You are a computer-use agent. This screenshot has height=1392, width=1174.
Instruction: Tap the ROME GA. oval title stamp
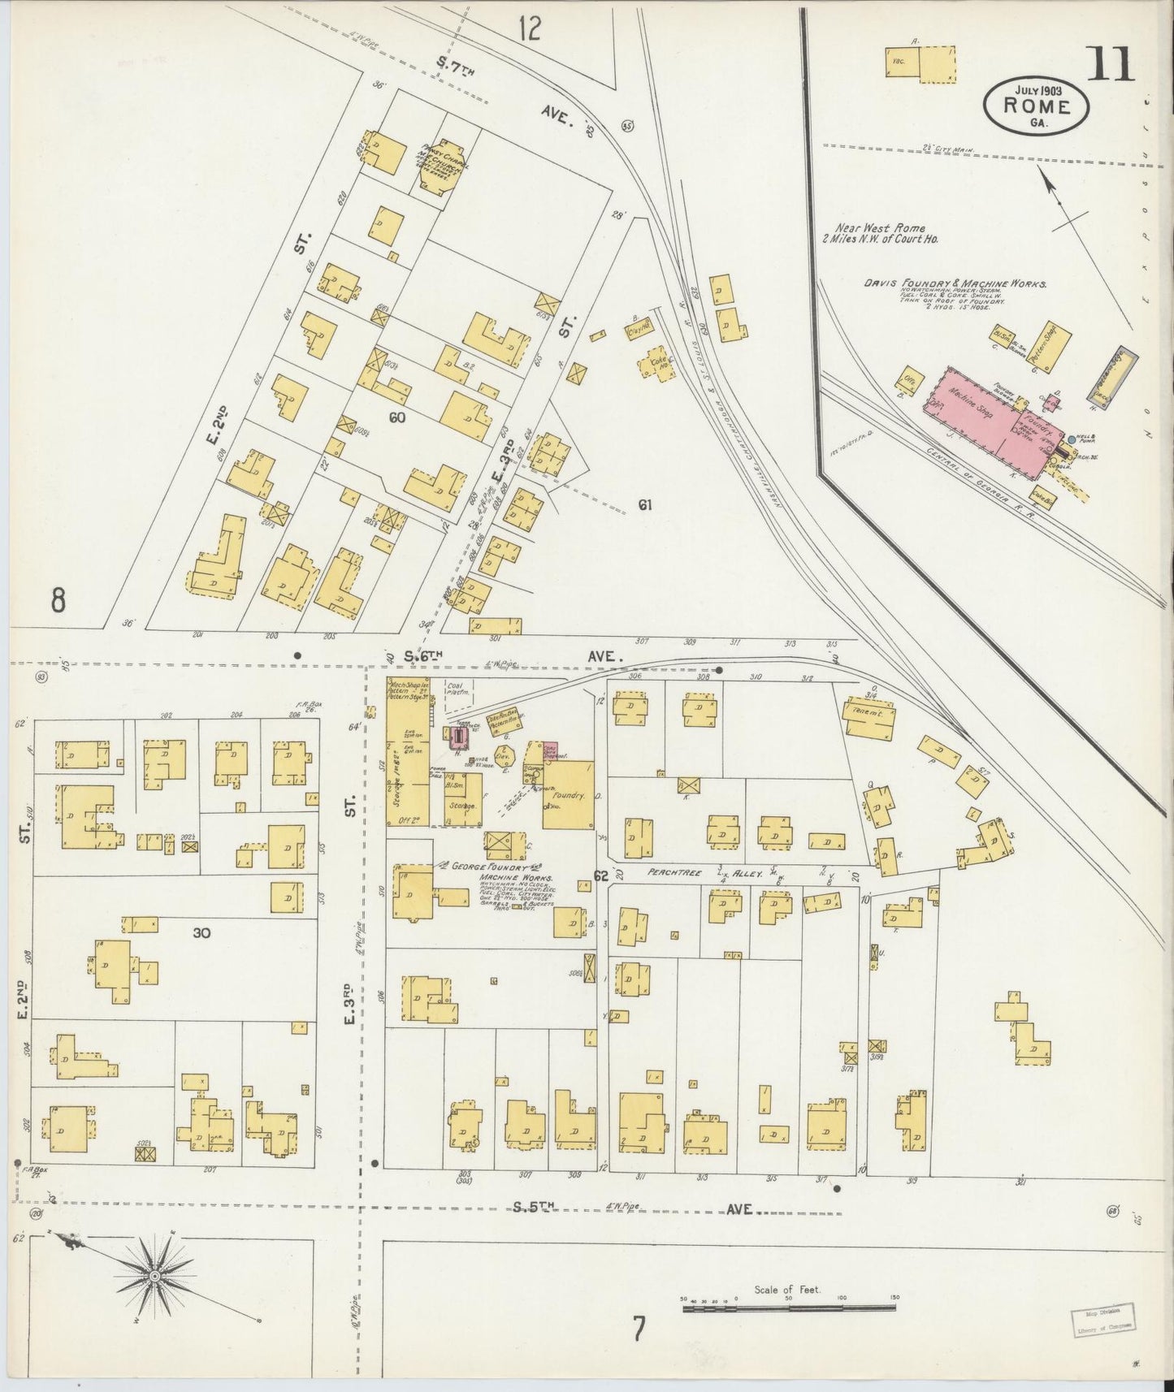click(x=1036, y=105)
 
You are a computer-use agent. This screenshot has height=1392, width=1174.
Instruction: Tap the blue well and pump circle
click(x=1071, y=439)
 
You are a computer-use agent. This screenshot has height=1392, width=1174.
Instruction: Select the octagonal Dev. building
click(x=501, y=754)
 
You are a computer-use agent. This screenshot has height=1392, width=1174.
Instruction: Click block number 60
click(x=396, y=417)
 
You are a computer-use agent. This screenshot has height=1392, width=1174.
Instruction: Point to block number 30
click(x=201, y=933)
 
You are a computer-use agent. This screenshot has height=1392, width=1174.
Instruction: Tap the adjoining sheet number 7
click(x=639, y=1329)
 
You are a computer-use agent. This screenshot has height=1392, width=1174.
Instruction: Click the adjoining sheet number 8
click(x=58, y=600)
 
